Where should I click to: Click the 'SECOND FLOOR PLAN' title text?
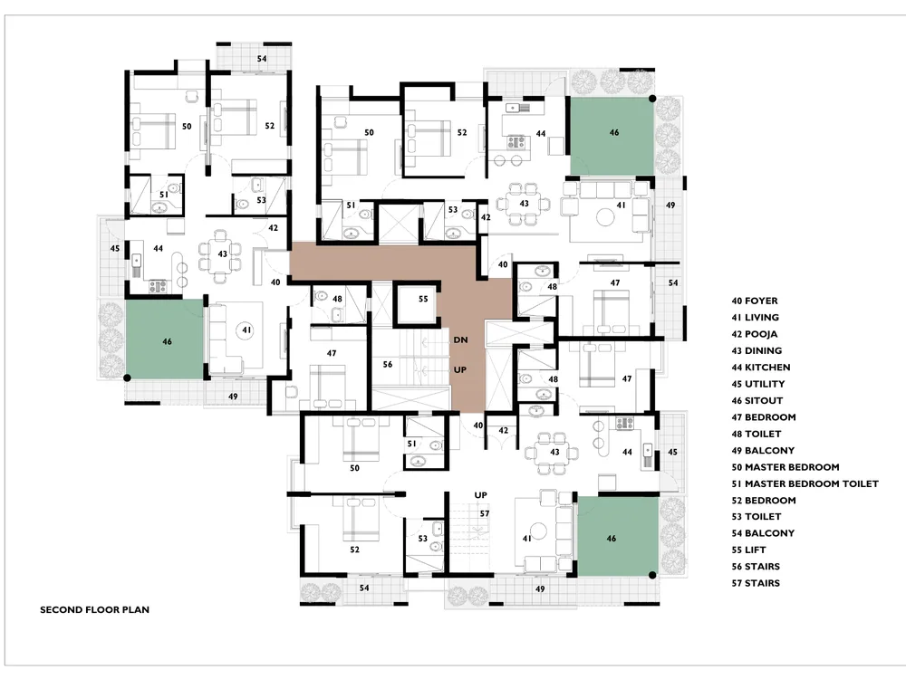(94, 609)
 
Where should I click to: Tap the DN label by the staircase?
(460, 340)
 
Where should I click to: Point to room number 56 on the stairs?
(388, 364)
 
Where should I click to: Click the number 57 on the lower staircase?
(484, 513)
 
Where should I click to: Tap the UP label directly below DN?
(460, 369)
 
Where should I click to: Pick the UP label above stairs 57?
(481, 495)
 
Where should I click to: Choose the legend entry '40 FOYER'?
(755, 301)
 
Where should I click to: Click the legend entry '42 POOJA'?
(755, 334)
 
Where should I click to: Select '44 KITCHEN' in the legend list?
(761, 368)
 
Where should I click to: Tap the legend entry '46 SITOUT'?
(757, 401)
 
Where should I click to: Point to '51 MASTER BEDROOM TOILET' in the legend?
(805, 483)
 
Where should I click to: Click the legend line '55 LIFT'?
(749, 550)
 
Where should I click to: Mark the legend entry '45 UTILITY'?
(758, 384)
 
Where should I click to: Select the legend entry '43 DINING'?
(757, 351)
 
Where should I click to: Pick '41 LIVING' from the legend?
(756, 318)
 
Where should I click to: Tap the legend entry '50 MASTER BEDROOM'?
(786, 467)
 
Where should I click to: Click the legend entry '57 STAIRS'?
(756, 583)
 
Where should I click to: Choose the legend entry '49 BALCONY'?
(763, 450)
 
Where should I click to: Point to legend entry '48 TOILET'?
(757, 434)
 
